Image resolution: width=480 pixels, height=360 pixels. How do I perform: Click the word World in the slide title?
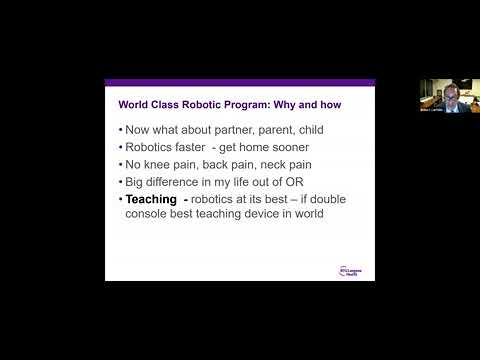133,102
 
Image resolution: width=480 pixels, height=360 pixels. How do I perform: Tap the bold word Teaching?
155,200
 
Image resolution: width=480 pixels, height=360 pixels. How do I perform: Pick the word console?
150,215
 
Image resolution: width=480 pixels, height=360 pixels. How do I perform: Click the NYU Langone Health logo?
353,270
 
